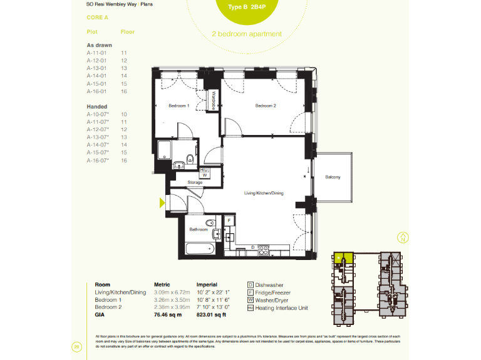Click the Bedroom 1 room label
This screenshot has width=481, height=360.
point(178,106)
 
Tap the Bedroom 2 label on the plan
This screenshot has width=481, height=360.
point(266,106)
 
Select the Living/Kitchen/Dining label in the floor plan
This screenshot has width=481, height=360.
point(264,193)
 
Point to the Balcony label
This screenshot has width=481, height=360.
point(333,177)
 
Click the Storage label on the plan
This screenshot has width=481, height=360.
point(195,182)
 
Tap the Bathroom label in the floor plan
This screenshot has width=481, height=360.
point(199,230)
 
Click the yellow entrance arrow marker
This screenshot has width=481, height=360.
point(162,202)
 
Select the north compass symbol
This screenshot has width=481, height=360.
point(403,237)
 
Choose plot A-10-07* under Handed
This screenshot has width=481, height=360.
point(98,115)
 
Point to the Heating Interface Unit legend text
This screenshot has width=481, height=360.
point(282,307)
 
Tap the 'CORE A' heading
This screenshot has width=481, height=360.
point(98,18)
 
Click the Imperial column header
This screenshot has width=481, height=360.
point(207,284)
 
